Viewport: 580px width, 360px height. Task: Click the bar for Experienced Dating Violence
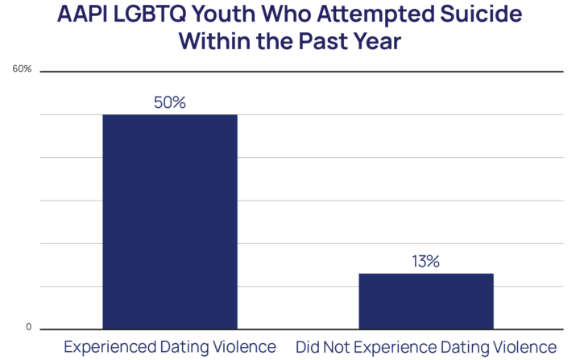169,221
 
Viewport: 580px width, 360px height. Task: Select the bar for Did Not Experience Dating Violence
425,300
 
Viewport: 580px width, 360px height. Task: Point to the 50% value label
169,103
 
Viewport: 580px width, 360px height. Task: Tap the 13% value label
425,263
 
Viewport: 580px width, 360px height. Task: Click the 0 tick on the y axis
29,328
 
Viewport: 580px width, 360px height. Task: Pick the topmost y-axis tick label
24,70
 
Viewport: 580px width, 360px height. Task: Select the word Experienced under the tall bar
103,348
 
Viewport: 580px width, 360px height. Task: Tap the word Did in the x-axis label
308,348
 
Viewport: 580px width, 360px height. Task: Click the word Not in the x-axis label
338,348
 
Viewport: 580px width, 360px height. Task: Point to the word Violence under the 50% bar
244,348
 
